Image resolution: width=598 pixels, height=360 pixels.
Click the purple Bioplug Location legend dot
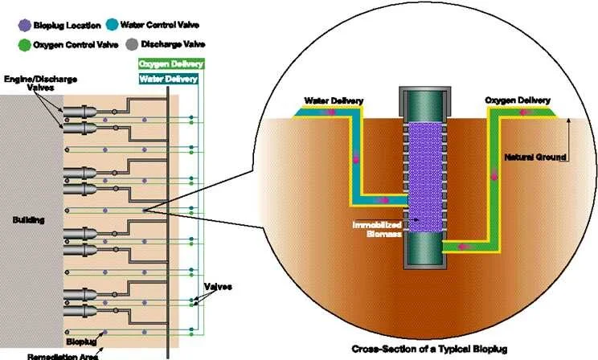(24, 26)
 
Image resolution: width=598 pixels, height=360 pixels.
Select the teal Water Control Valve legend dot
(113, 25)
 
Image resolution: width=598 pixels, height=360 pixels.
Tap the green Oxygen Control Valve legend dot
(24, 45)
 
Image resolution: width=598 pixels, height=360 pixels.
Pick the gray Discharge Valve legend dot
(132, 45)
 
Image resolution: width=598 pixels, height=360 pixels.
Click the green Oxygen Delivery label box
(171, 63)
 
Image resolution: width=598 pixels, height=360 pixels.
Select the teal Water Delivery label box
(168, 79)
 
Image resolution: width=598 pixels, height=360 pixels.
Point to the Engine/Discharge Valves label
(40, 83)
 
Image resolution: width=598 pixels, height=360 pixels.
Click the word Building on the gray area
(29, 220)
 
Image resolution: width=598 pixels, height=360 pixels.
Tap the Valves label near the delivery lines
(218, 286)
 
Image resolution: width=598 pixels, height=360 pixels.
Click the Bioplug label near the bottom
(81, 342)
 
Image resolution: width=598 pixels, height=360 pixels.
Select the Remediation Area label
(63, 357)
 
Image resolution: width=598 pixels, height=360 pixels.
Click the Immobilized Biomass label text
(377, 229)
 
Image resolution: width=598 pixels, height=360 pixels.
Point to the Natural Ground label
(535, 157)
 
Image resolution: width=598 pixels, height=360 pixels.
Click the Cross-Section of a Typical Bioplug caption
(429, 349)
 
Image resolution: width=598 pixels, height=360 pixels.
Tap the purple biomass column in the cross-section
(425, 178)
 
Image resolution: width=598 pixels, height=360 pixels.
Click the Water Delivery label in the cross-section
(334, 101)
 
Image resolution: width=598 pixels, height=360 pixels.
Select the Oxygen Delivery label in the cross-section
(518, 100)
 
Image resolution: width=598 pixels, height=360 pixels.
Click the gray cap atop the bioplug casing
(425, 100)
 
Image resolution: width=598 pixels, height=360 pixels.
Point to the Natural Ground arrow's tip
(568, 119)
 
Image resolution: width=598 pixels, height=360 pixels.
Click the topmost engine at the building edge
(80, 112)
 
